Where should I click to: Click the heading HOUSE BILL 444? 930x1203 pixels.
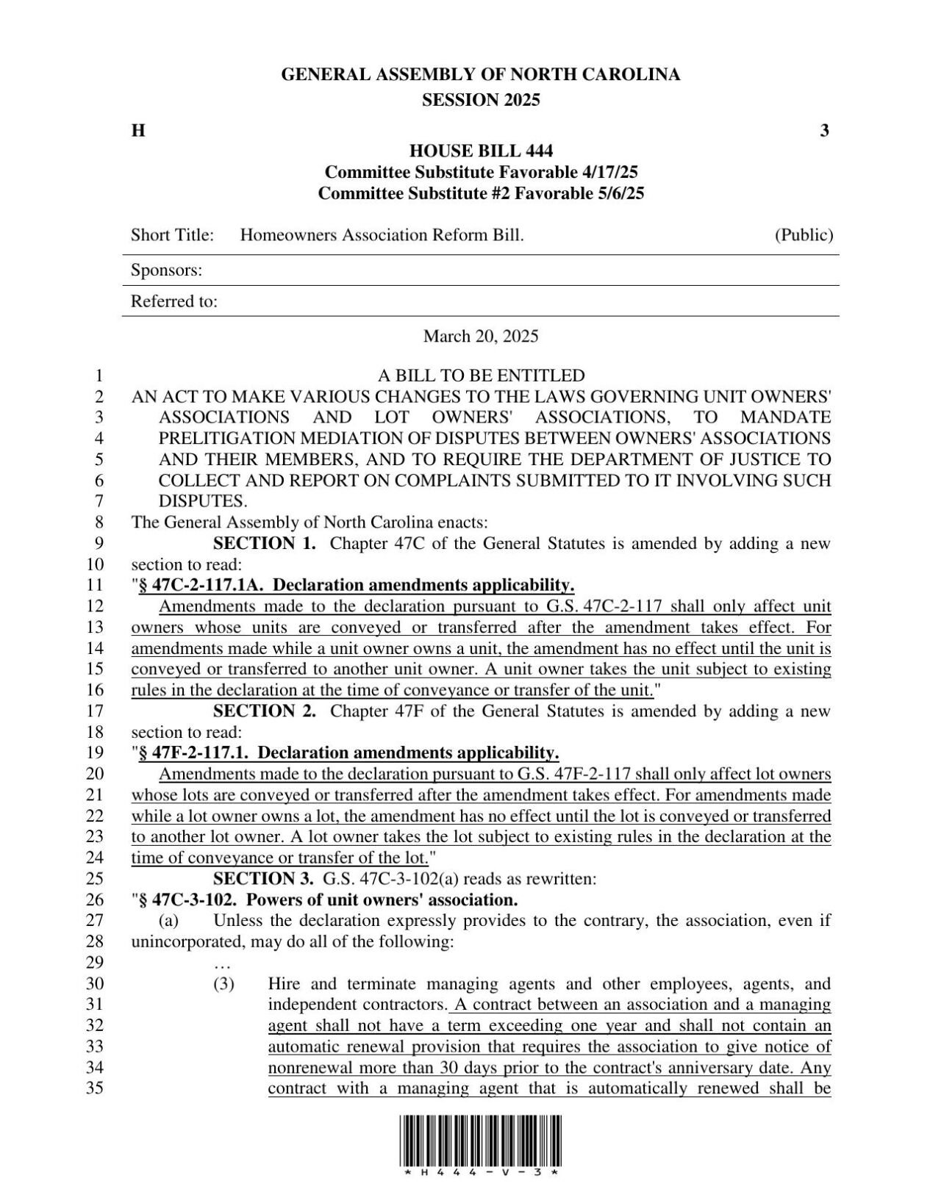pyautogui.click(x=481, y=151)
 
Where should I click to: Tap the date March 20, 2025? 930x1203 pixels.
pyautogui.click(x=481, y=337)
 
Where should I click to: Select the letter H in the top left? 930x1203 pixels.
pyautogui.click(x=137, y=131)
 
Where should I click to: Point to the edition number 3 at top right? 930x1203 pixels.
pyautogui.click(x=824, y=131)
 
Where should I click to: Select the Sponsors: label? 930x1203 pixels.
pyautogui.click(x=166, y=270)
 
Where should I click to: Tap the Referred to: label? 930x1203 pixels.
pyautogui.click(x=174, y=301)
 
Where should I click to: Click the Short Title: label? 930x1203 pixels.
pyautogui.click(x=172, y=235)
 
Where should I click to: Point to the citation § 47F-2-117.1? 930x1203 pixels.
pyautogui.click(x=193, y=753)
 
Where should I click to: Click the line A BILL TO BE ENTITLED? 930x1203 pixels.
pyautogui.click(x=481, y=376)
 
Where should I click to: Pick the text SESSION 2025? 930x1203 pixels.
pyautogui.click(x=481, y=101)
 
